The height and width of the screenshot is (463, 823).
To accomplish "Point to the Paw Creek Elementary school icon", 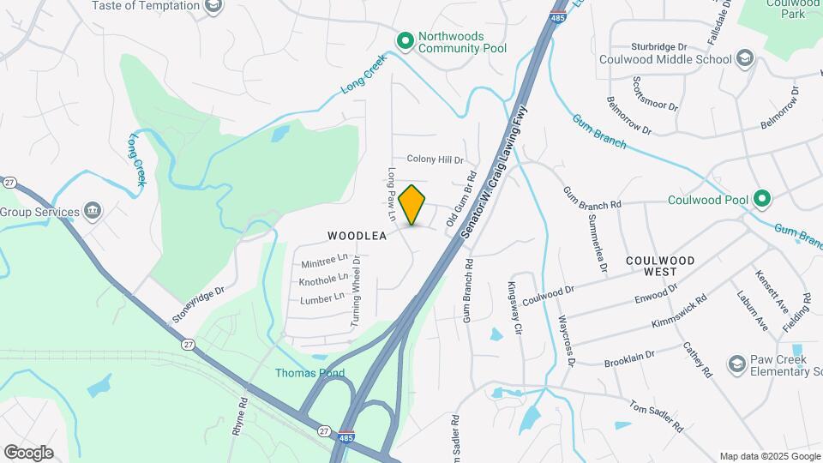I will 736,364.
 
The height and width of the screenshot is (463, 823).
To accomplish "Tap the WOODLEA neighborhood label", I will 357,235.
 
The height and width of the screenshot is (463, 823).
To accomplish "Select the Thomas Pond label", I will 309,373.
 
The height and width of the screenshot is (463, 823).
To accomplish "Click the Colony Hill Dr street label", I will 435,159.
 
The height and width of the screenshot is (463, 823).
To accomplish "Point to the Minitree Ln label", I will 325,258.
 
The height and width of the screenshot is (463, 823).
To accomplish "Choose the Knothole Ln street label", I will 323,280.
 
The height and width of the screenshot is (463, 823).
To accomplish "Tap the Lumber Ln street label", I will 321,299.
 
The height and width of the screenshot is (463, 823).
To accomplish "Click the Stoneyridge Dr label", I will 198,305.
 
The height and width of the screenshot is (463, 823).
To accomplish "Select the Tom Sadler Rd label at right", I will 656,416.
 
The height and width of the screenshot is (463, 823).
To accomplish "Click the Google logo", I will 28,453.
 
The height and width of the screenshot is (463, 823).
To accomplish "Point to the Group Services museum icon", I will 93,212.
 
